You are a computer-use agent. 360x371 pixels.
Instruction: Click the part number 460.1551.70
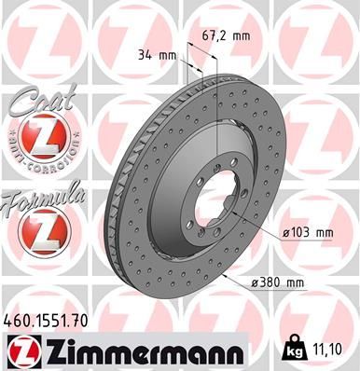[46, 319]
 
